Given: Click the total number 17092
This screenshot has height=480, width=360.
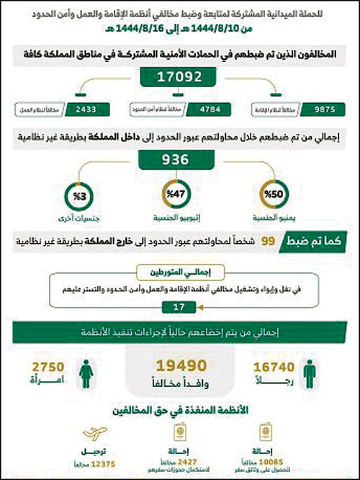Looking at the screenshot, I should tap(181, 76).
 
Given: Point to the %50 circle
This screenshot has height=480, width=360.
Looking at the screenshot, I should tap(276, 195).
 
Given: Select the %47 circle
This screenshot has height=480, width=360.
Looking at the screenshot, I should tap(179, 195).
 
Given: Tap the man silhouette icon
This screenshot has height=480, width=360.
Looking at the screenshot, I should tap(310, 368).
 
